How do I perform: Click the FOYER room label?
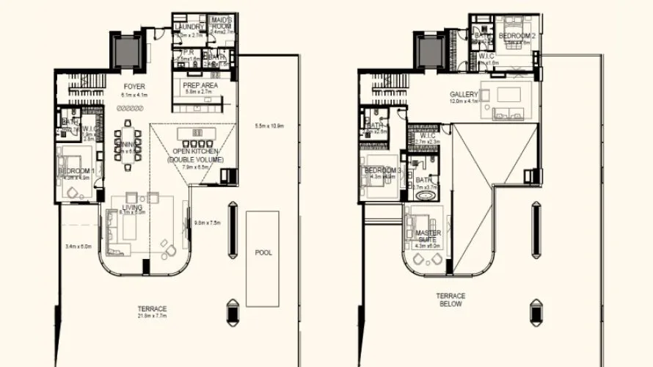coord(135,87)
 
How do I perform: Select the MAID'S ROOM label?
coord(222,23)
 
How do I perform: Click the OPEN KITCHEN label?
coord(195,152)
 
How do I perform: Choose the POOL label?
coord(263,252)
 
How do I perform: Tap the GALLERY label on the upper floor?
coord(464,95)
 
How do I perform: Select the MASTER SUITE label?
coord(428,236)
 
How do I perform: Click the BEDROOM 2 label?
coord(517,35)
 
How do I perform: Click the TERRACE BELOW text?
coord(451,300)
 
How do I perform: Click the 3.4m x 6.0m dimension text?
coord(78,247)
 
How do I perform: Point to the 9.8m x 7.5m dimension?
coord(208,222)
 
